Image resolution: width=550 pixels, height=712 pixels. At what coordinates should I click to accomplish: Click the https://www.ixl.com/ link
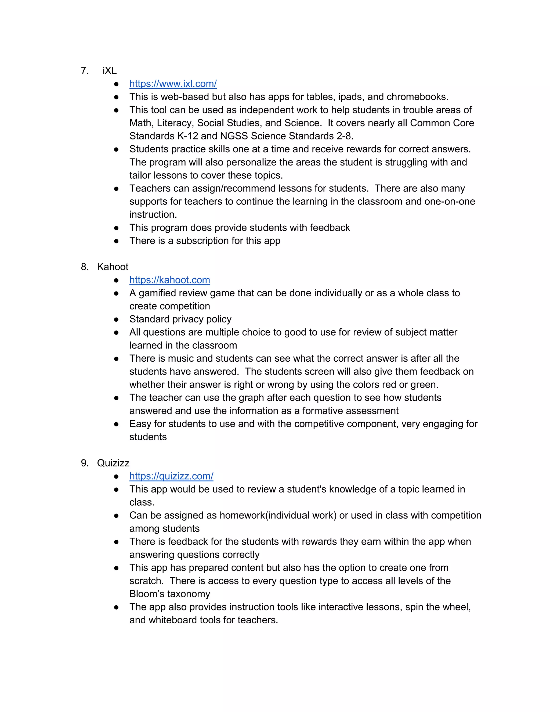(173, 84)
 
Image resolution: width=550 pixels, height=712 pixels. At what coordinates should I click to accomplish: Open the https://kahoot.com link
(169, 280)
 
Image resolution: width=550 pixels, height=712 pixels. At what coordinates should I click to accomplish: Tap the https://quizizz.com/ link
(171, 476)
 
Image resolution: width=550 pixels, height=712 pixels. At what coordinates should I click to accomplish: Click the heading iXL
(110, 71)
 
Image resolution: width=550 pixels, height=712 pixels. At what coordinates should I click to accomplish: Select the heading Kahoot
(113, 267)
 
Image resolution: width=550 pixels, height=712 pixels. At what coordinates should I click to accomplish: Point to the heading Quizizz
(113, 463)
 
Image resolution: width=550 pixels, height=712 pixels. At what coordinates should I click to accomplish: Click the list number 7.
(85, 71)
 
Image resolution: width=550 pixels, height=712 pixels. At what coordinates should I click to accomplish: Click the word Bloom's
(147, 594)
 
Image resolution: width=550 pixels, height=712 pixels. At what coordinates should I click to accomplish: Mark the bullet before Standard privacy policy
(116, 319)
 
